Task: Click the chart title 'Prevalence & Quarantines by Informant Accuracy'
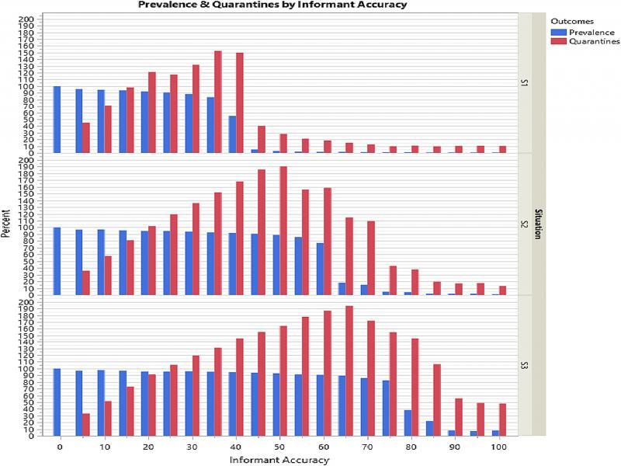coord(272,5)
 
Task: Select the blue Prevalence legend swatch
coord(557,33)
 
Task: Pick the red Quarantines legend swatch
coord(557,42)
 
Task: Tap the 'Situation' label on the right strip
coord(537,224)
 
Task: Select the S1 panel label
coord(525,82)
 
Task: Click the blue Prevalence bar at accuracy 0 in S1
coord(57,120)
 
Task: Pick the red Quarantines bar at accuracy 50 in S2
coord(283,231)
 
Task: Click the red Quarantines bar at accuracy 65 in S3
coord(349,371)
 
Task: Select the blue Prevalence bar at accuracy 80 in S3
coord(408,423)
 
